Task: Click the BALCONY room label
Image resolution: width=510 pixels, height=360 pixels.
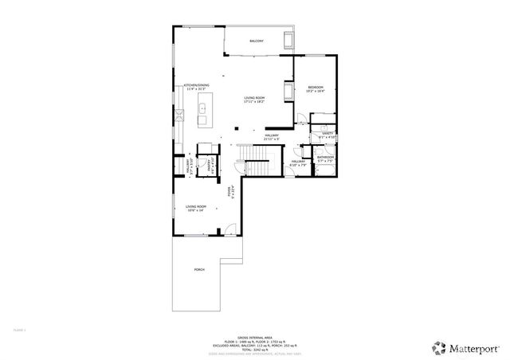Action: coord(256,41)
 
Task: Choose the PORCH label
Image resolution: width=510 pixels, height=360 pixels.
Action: coord(198,270)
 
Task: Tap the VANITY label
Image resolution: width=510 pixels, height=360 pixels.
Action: coord(328,135)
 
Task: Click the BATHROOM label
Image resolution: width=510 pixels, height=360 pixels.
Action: coord(325,158)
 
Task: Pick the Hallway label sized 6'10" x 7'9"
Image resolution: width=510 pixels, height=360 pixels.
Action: coord(299,163)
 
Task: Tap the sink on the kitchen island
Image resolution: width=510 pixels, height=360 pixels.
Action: coord(202,108)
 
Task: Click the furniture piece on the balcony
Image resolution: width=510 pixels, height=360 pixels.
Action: coord(288,40)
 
